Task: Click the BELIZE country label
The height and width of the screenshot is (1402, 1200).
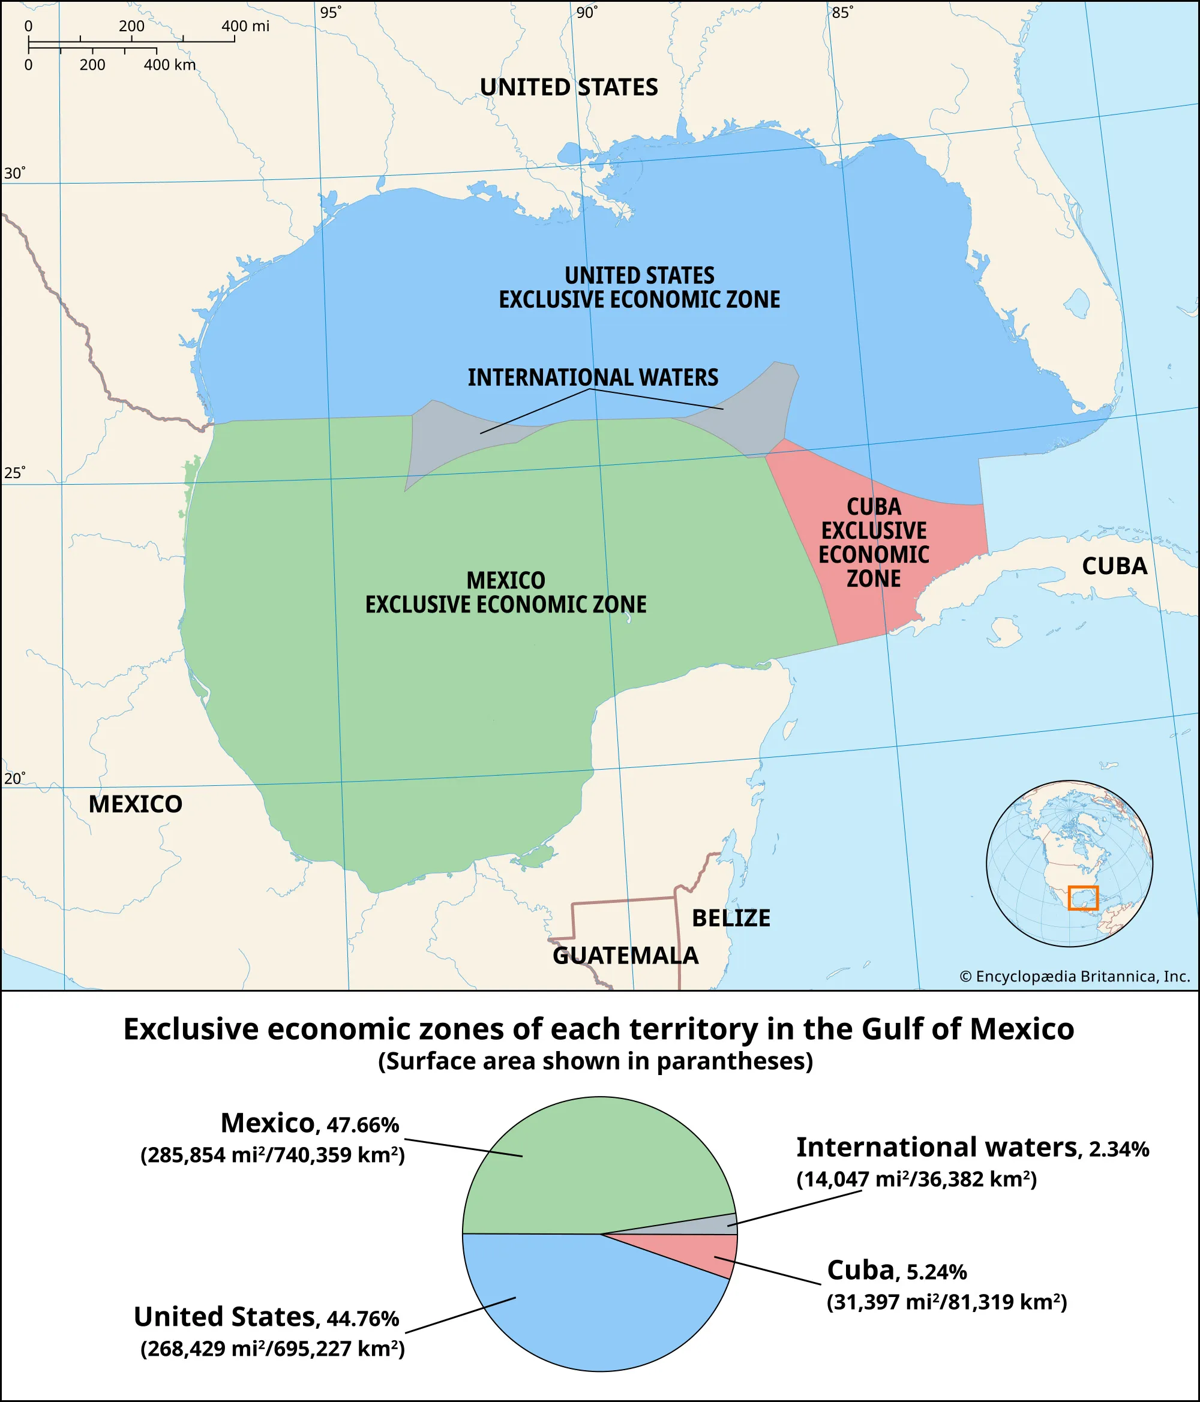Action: [x=731, y=918]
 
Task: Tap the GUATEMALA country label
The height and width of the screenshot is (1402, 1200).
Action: [x=625, y=956]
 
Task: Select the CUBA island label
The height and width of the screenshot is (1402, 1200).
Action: [x=1114, y=566]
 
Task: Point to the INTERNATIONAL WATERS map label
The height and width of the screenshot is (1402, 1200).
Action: [x=593, y=377]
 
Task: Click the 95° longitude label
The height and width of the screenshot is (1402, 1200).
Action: [x=330, y=13]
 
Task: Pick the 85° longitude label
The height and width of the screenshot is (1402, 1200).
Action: [x=842, y=13]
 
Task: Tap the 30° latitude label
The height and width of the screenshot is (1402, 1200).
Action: [x=14, y=173]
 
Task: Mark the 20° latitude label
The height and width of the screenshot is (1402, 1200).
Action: [x=14, y=779]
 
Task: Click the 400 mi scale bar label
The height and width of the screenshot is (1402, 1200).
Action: [x=245, y=26]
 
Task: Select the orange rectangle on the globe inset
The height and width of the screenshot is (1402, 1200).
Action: [x=1083, y=898]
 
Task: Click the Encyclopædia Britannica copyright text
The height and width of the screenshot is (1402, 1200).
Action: [x=1075, y=977]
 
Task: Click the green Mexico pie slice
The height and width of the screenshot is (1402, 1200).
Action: [x=582, y=1164]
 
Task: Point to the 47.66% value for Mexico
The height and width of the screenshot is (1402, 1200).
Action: [x=363, y=1125]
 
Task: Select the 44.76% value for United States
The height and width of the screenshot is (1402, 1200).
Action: [x=363, y=1319]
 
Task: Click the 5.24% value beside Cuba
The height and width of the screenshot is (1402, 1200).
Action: [x=936, y=1272]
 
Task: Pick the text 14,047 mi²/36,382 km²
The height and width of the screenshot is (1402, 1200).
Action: [x=916, y=1179]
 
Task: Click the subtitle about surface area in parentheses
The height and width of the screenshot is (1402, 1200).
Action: [x=596, y=1061]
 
